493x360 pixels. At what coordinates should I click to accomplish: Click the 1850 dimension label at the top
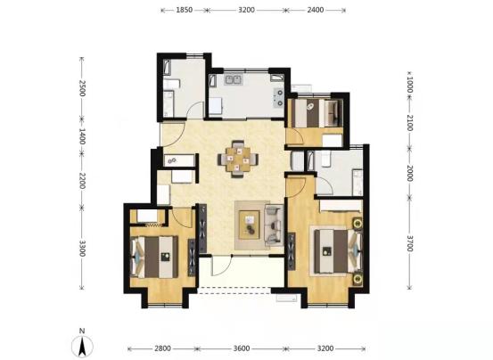[184, 10]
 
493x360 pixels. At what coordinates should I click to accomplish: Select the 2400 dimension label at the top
[316, 10]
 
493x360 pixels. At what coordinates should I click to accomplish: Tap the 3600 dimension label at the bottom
[242, 348]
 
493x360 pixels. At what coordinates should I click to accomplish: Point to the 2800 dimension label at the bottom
[162, 348]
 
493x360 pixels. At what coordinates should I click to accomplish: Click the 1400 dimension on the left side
[82, 136]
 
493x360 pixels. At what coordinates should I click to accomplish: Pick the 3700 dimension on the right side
[409, 243]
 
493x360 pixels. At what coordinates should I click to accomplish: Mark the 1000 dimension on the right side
[409, 85]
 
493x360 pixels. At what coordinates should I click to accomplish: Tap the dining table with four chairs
[238, 159]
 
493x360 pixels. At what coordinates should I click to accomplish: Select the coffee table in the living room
[250, 225]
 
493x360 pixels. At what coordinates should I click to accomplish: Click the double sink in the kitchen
[233, 79]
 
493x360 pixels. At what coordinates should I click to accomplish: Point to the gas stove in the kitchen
[278, 97]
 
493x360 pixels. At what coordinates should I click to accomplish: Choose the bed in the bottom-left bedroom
[155, 257]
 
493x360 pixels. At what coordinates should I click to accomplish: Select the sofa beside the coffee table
[275, 225]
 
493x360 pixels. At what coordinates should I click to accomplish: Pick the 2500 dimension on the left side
[82, 88]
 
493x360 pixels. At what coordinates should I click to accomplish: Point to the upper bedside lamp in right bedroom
[357, 224]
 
